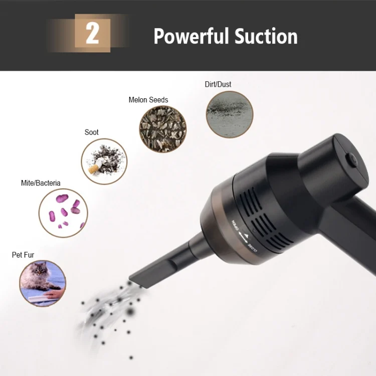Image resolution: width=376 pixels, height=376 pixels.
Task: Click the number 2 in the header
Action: [x=92, y=34]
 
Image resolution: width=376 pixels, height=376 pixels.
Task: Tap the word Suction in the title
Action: [x=266, y=36]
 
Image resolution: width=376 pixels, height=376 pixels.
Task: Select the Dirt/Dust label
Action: [x=218, y=84]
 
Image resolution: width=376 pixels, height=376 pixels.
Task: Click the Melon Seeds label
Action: [x=148, y=100]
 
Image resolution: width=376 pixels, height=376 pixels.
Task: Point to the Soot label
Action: [x=91, y=132]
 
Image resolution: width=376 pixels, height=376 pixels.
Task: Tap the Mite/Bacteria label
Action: [x=41, y=183]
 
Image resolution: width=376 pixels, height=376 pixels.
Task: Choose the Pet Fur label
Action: [x=23, y=255]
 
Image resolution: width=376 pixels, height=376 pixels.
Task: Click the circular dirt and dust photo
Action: [x=230, y=114]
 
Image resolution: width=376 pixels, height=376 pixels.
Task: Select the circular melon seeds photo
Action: [x=163, y=129]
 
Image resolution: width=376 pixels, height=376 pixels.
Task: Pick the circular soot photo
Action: [x=104, y=161]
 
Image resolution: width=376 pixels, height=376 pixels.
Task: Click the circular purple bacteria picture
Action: [x=63, y=213]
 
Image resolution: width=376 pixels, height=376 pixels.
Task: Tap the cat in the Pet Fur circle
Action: [x=39, y=276]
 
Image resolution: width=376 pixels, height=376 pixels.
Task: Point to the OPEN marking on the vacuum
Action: [x=235, y=225]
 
